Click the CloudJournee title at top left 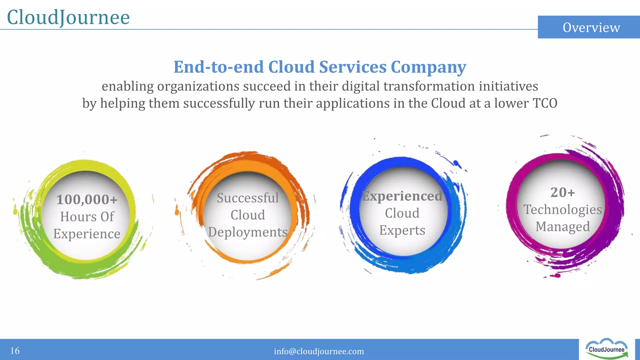point(68,17)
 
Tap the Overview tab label point(591,27)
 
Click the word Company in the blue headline point(428,67)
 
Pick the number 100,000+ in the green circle point(87,199)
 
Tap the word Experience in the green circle point(87,234)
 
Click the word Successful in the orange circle point(247,198)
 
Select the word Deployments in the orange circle point(247,232)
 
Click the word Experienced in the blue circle point(402,196)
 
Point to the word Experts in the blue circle point(402,230)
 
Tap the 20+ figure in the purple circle point(562,192)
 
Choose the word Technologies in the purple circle point(562,209)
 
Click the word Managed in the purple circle point(562,227)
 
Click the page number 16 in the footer point(15,351)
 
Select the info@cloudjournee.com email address point(319,351)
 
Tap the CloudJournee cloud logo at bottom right point(606,349)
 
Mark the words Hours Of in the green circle point(87,217)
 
